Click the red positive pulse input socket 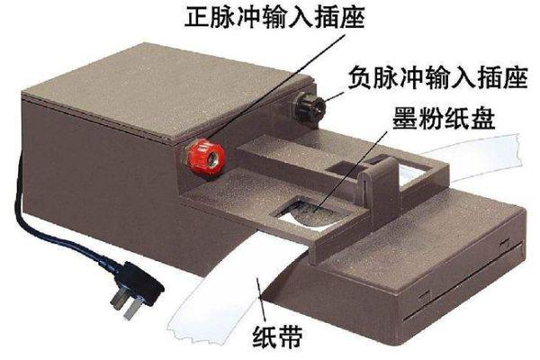(206, 157)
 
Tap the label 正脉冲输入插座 (274, 16)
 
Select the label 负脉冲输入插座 (437, 78)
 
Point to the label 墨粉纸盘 (444, 119)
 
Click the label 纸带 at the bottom (277, 337)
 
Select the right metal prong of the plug (132, 309)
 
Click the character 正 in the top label (196, 16)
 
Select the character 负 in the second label (359, 78)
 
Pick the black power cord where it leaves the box (20, 179)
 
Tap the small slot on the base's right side (505, 243)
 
